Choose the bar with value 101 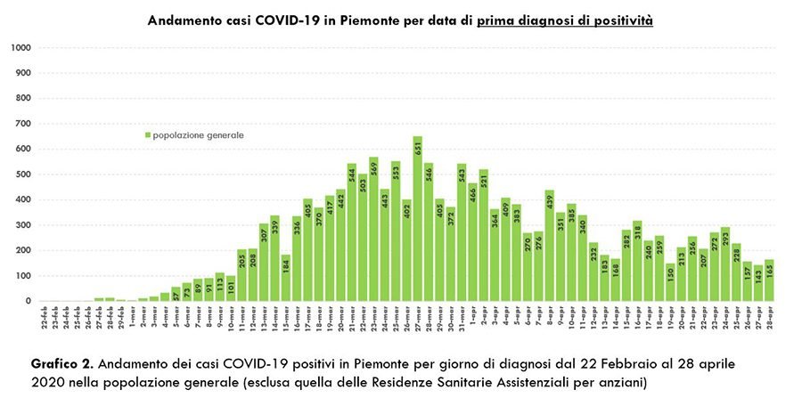point(231,288)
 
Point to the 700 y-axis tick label point(23,124)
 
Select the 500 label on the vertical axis point(23,175)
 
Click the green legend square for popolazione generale point(148,135)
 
